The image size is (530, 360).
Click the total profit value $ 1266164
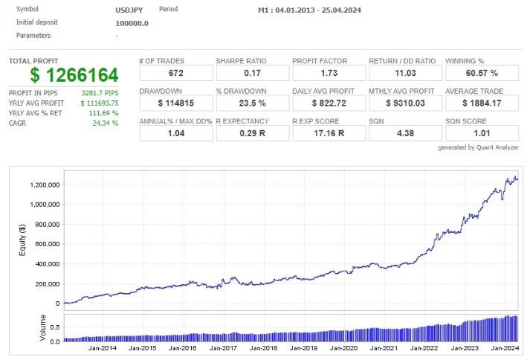pyautogui.click(x=74, y=74)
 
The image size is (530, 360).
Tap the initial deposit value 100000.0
pyautogui.click(x=132, y=23)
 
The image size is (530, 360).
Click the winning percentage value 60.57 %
pyautogui.click(x=479, y=73)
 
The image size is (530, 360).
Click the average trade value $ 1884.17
pyautogui.click(x=479, y=103)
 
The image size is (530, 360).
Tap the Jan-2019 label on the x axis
pyautogui.click(x=303, y=348)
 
